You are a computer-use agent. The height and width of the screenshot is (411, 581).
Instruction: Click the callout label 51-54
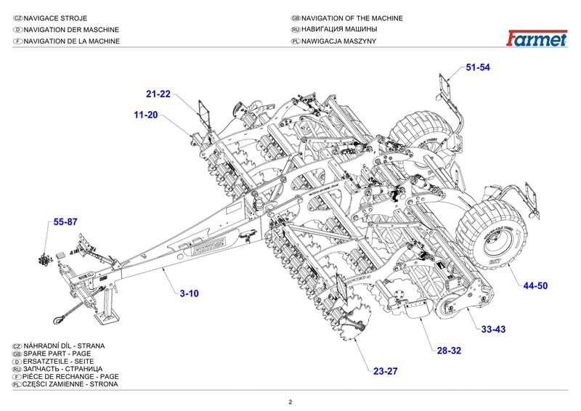click(x=478, y=68)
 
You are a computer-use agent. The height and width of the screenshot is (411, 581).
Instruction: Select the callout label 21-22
click(x=158, y=94)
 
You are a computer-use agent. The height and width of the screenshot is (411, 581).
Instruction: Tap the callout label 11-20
click(x=145, y=115)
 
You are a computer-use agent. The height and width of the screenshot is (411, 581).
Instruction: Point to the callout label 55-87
click(x=65, y=222)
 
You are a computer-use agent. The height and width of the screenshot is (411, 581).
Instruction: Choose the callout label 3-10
click(x=189, y=293)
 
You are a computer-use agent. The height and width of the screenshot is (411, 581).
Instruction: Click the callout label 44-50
click(x=535, y=286)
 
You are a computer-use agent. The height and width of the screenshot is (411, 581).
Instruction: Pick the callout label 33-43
click(x=493, y=329)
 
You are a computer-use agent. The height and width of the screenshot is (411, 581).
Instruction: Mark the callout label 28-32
click(x=449, y=351)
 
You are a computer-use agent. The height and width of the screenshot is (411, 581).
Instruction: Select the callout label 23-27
click(x=386, y=371)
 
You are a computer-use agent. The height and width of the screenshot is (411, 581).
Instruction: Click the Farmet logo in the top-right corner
click(x=537, y=38)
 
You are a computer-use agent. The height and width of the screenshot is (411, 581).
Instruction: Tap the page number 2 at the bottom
click(x=290, y=402)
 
